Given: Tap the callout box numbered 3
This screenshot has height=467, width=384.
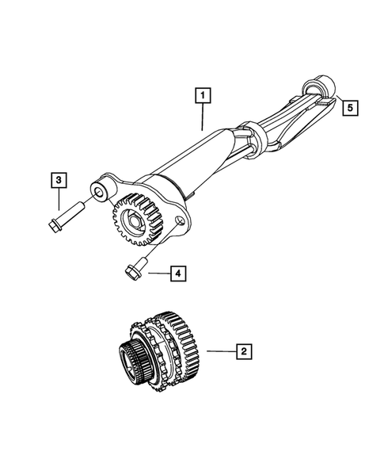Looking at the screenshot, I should tap(59, 181).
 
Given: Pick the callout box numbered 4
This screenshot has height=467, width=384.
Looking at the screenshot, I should tap(178, 274).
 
